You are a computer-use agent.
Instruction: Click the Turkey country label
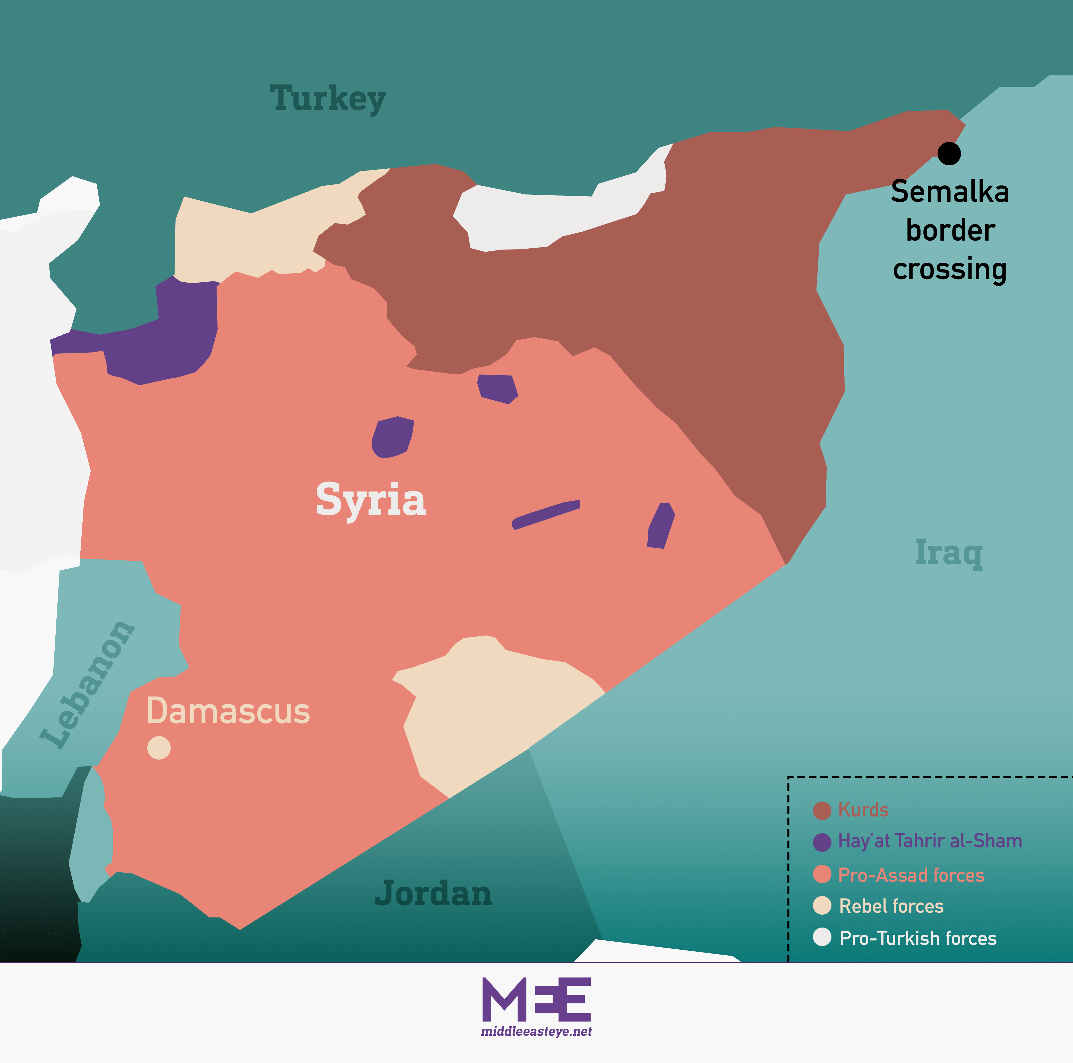(x=328, y=99)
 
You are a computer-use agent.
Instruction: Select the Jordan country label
(x=433, y=893)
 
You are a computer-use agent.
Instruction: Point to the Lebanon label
(x=88, y=685)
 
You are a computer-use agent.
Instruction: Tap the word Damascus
(x=228, y=711)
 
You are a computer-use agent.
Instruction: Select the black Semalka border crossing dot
(x=949, y=153)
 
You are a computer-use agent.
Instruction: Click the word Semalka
(x=950, y=192)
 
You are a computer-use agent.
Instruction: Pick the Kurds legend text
(x=863, y=810)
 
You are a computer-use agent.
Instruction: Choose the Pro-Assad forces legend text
(x=911, y=875)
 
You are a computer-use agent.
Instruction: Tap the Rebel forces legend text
(x=891, y=906)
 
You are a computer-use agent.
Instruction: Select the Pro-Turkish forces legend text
(x=917, y=938)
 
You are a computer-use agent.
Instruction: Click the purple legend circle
(x=822, y=842)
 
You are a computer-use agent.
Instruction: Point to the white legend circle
(x=822, y=937)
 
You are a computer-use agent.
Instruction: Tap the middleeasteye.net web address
(x=536, y=1031)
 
